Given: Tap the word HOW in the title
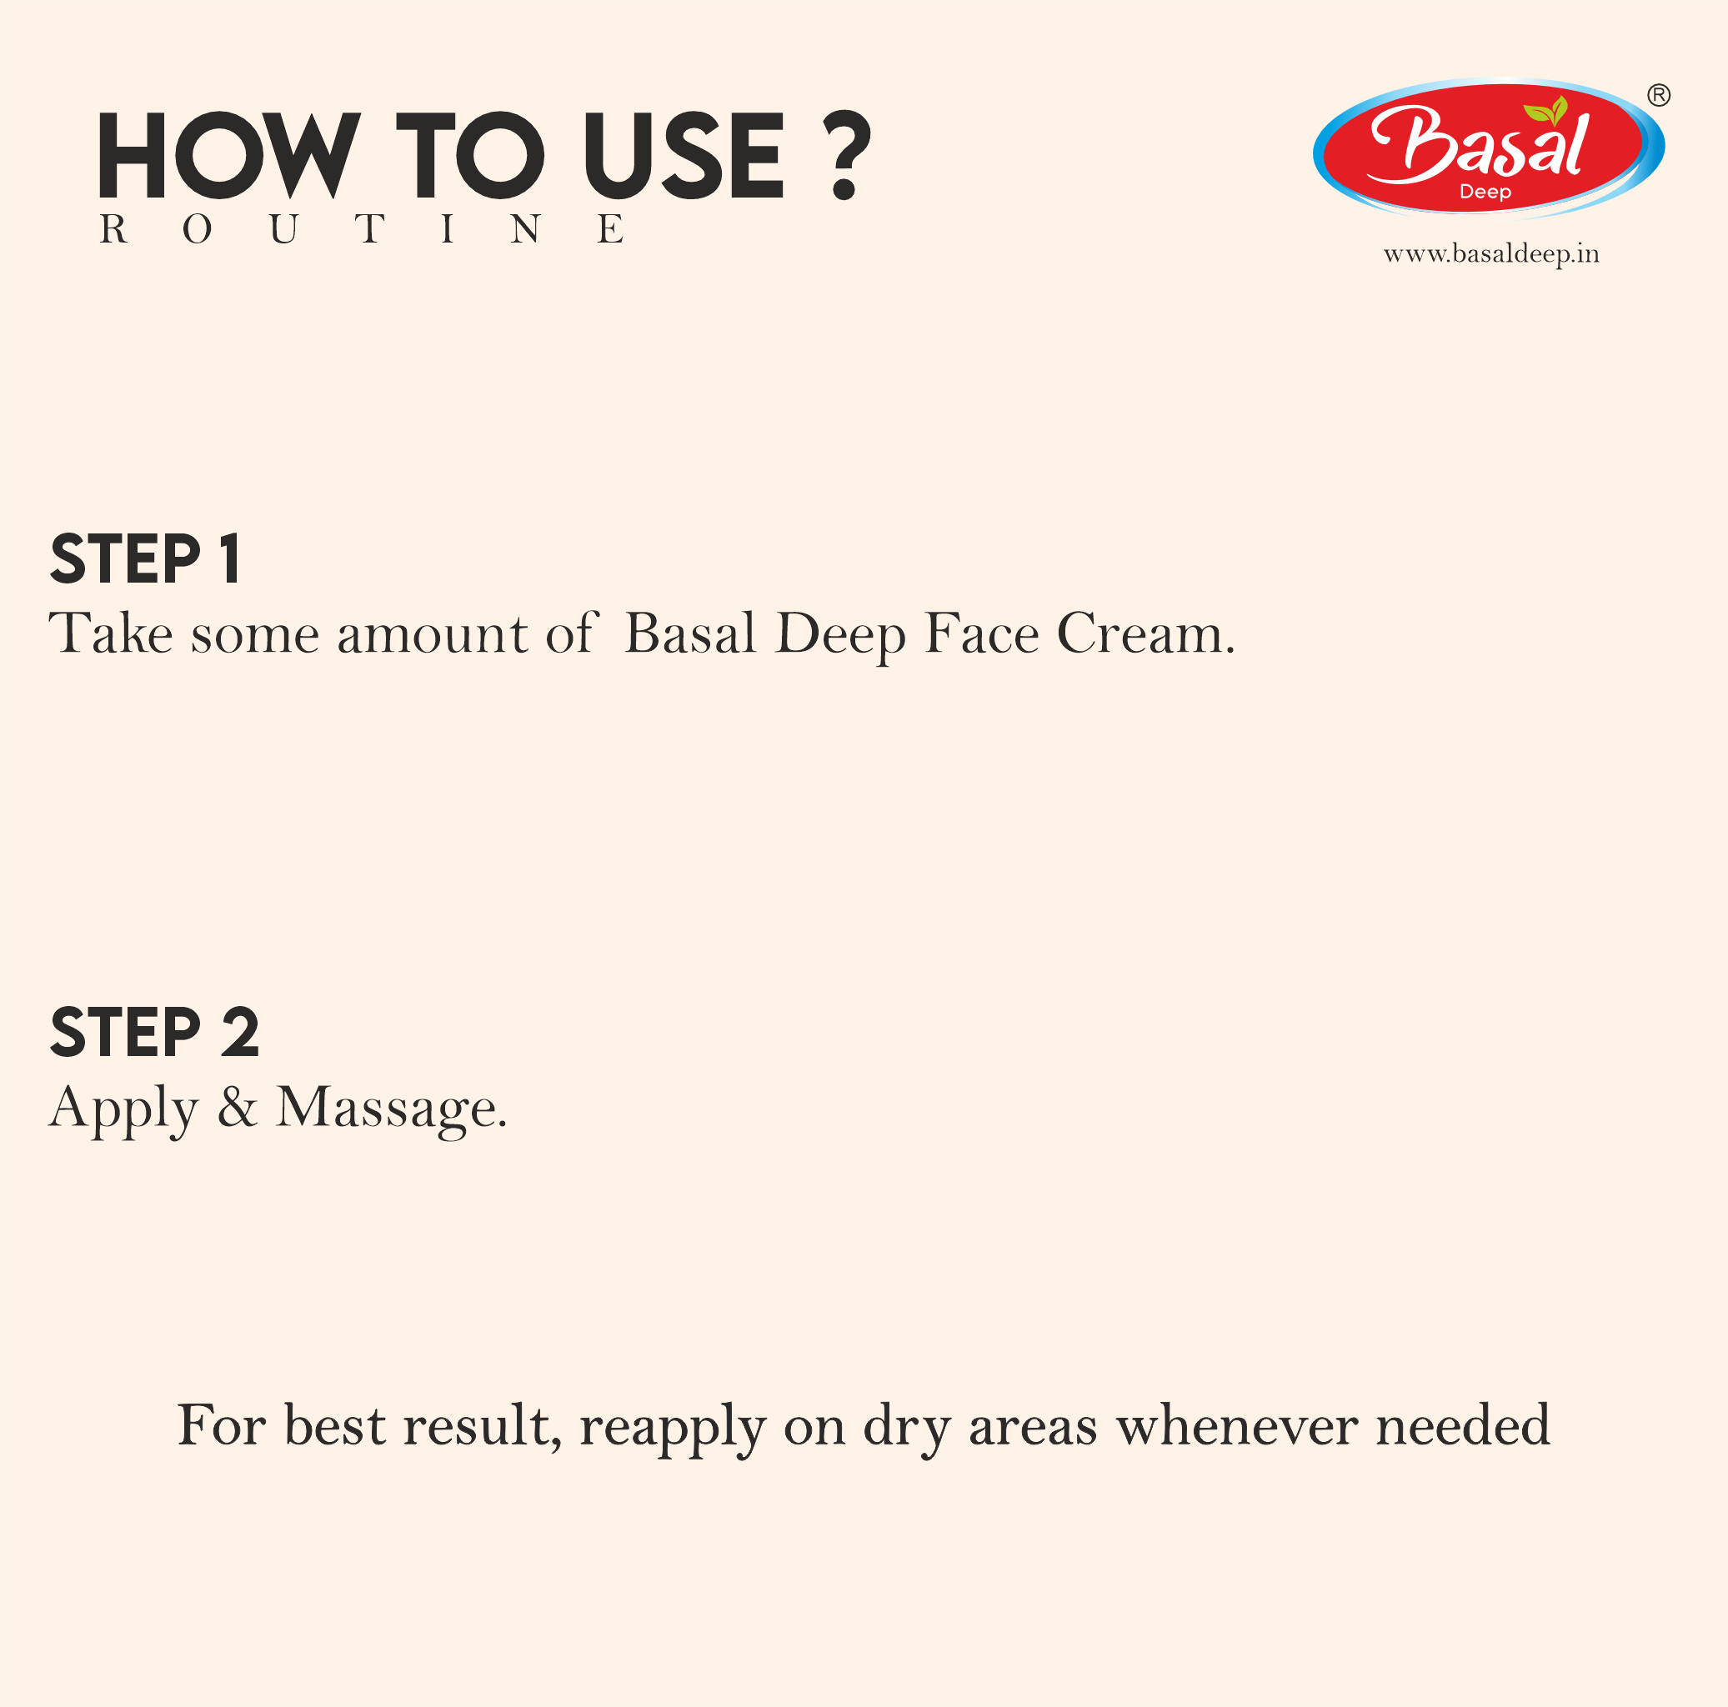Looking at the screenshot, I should tap(229, 155).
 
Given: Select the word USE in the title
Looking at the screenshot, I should tap(684, 155).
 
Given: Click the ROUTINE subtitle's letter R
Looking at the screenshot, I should tap(113, 230).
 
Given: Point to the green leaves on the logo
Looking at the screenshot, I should tap(1545, 112).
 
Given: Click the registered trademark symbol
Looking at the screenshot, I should tap(1658, 95).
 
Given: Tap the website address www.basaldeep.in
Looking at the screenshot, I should tap(1491, 255).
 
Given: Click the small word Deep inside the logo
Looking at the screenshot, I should tap(1485, 193).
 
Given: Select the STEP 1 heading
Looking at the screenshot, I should tap(146, 561).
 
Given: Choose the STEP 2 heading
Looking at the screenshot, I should tap(155, 1033).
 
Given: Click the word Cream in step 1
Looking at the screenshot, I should tap(1145, 634).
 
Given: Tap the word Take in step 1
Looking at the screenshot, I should tap(110, 634).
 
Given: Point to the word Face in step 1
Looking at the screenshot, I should tap(981, 634).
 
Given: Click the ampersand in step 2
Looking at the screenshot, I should tap(237, 1107).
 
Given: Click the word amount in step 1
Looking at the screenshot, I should tap(432, 634).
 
